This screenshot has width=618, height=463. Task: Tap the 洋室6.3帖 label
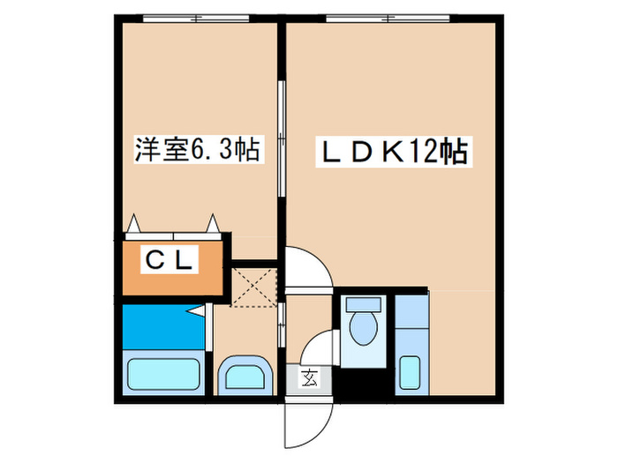(x=196, y=150)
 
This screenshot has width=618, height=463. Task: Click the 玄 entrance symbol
(x=309, y=379)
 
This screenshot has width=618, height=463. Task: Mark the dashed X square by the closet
(x=255, y=283)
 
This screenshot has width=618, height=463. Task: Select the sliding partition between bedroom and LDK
(x=281, y=141)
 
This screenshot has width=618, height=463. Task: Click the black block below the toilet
(x=361, y=385)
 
